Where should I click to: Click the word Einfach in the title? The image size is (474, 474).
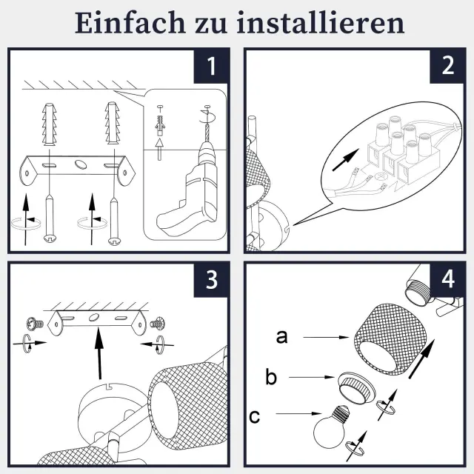[x=130, y=23]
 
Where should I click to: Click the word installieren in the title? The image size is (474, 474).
[x=321, y=23]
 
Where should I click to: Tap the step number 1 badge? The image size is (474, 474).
[x=211, y=66]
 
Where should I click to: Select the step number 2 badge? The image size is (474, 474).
[x=447, y=66]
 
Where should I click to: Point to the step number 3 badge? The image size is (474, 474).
[x=211, y=280]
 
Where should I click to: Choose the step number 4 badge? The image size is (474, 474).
[x=447, y=280]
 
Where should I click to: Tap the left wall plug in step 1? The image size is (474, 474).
[x=50, y=124]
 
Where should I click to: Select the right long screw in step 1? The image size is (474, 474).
[x=114, y=220]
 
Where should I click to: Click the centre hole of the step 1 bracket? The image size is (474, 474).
[x=80, y=164]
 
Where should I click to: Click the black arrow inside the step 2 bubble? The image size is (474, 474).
[x=346, y=160]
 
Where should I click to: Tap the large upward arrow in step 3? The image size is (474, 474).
[x=99, y=353]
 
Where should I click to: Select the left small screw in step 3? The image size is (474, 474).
[x=35, y=324]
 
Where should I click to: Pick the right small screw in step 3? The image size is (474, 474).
[x=157, y=324]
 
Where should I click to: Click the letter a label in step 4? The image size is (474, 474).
[x=281, y=337]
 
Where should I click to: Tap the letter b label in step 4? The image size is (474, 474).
[x=271, y=377]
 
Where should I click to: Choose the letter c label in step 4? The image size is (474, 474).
[x=254, y=417]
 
